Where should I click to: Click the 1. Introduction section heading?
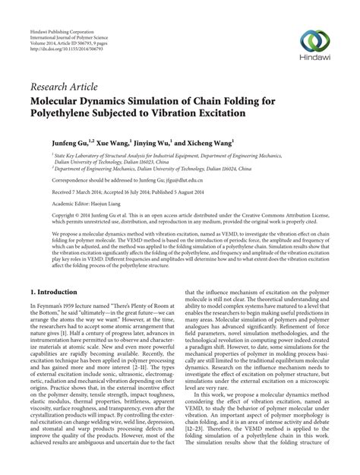[60, 271]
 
